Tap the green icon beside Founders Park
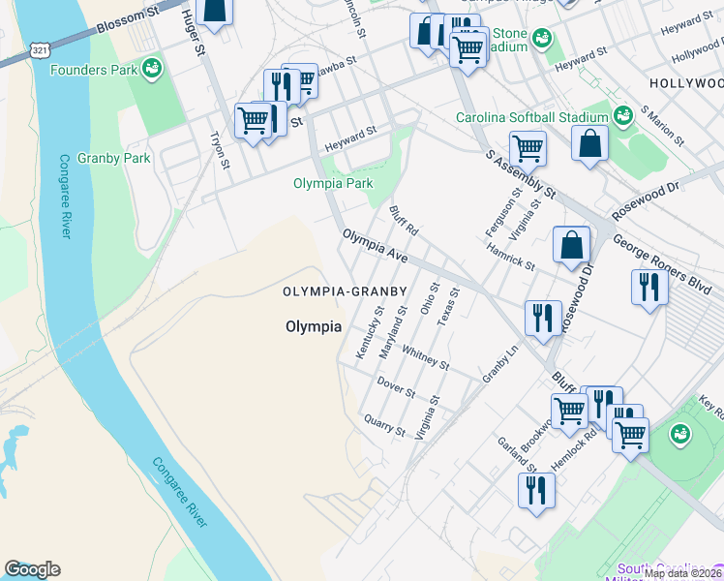(x=151, y=68)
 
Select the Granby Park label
(x=115, y=158)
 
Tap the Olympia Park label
(x=333, y=183)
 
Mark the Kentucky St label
(x=370, y=332)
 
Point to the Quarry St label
(x=383, y=424)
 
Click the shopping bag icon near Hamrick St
(x=571, y=245)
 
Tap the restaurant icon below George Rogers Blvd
(x=648, y=287)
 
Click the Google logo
(x=32, y=569)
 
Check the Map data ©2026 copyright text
(x=683, y=573)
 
